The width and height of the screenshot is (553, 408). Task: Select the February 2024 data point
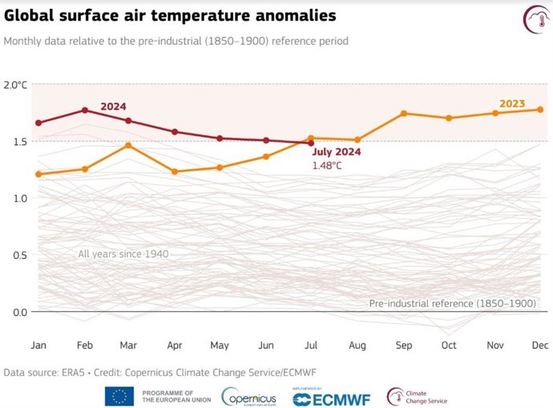84,111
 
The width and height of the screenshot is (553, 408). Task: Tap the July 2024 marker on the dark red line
311,143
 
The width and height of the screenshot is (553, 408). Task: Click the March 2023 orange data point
129,145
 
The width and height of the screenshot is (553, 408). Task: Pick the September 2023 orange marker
404,113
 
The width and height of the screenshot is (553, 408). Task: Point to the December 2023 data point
540,110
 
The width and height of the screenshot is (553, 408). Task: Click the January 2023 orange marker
38,174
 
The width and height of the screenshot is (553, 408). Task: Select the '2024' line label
113,107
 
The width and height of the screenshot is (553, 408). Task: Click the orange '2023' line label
512,103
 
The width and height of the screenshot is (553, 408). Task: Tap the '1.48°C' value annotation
327,165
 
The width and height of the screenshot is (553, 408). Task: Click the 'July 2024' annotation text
336,151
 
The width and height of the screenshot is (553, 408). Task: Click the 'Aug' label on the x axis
357,345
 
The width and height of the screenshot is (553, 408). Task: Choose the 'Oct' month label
449,345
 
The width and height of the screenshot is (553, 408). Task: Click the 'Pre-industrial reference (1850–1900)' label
452,304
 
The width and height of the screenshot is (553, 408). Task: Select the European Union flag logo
119,395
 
